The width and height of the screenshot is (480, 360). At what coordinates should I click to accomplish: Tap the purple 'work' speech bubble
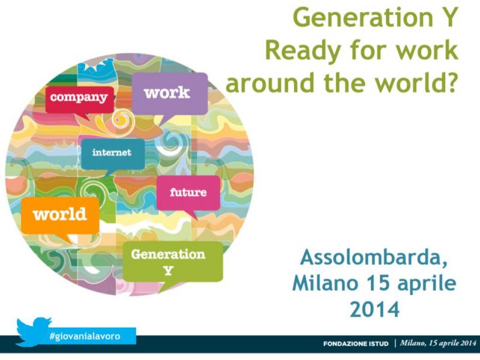click(x=170, y=94)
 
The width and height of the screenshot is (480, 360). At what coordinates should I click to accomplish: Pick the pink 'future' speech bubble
click(x=188, y=193)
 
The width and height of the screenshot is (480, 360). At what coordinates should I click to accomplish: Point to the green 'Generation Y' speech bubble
click(x=173, y=262)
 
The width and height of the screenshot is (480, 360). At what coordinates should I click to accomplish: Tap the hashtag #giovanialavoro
click(x=85, y=336)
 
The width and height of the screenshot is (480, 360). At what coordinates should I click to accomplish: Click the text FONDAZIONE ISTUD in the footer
click(x=356, y=344)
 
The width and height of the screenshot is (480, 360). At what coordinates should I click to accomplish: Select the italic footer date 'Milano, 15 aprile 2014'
click(x=438, y=343)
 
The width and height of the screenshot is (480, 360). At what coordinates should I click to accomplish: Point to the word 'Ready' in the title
click(x=303, y=51)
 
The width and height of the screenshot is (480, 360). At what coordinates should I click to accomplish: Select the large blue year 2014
click(x=374, y=309)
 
